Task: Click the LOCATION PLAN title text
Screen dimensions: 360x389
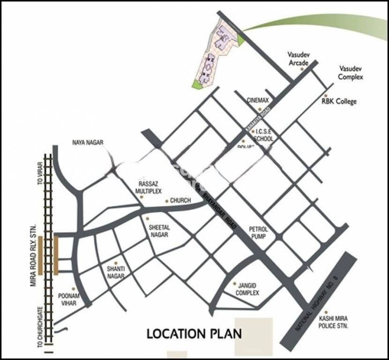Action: [194, 334]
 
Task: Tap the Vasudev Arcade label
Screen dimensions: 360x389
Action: [298, 59]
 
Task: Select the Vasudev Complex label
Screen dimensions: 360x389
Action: [351, 72]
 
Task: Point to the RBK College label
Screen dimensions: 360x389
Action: [339, 101]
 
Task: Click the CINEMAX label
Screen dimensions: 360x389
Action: [258, 100]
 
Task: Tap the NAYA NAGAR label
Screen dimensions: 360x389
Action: [88, 142]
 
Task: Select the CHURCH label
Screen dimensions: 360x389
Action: [180, 201]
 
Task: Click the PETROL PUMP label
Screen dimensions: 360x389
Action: [258, 232]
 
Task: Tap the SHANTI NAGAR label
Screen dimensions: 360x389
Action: [115, 273]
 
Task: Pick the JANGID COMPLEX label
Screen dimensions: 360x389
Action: [247, 289]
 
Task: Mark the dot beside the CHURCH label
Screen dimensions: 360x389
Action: [166, 201]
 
